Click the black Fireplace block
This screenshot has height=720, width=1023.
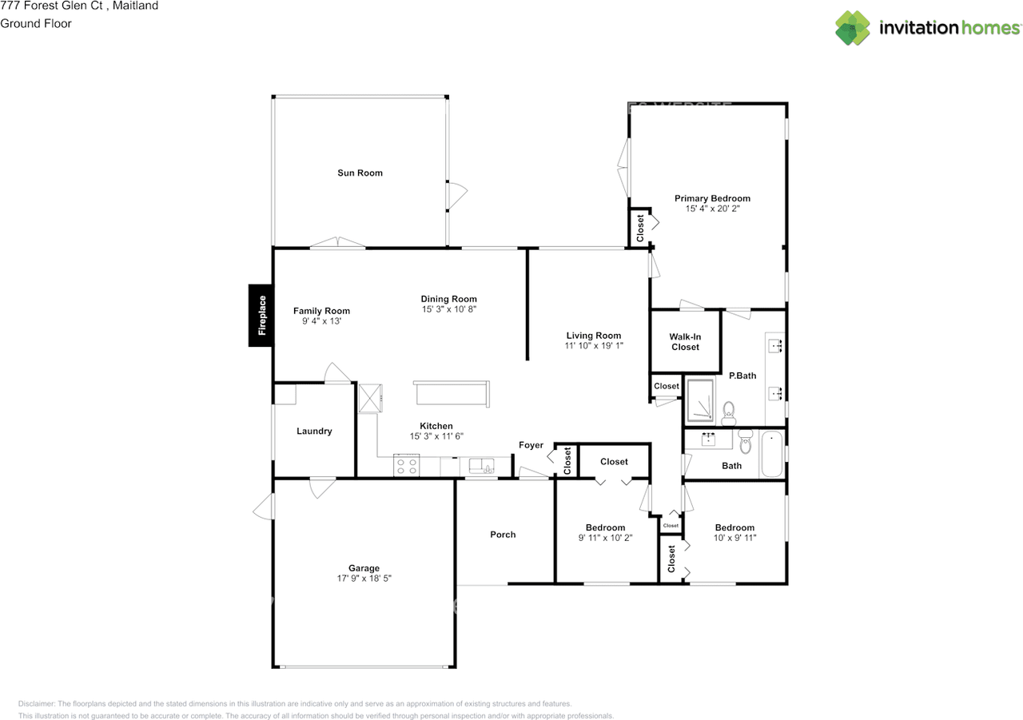[x=261, y=316]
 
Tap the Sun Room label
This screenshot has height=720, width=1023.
[x=360, y=173]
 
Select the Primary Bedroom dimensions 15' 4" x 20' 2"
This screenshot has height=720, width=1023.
[x=712, y=209]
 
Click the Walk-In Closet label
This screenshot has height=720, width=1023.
[x=685, y=342]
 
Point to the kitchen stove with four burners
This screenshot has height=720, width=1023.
[x=406, y=466]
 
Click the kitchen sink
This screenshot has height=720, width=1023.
[x=481, y=466]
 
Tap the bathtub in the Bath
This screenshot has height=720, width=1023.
[x=772, y=455]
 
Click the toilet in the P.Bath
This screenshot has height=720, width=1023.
[x=728, y=414]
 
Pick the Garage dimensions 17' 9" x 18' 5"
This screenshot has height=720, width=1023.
[x=364, y=579]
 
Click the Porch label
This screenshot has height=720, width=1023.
[x=503, y=535]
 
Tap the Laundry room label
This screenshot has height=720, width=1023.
[x=314, y=432]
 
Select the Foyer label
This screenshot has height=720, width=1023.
[x=531, y=445]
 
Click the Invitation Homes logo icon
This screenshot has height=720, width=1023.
[x=853, y=28]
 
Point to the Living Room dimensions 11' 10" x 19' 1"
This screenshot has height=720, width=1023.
[x=593, y=347]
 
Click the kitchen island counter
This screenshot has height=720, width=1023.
[x=452, y=394]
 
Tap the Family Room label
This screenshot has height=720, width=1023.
[x=321, y=311]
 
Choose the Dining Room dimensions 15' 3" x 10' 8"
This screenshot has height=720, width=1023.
[x=449, y=309]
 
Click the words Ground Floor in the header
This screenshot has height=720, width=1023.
[x=36, y=23]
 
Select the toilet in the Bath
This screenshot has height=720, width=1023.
[x=745, y=441]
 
